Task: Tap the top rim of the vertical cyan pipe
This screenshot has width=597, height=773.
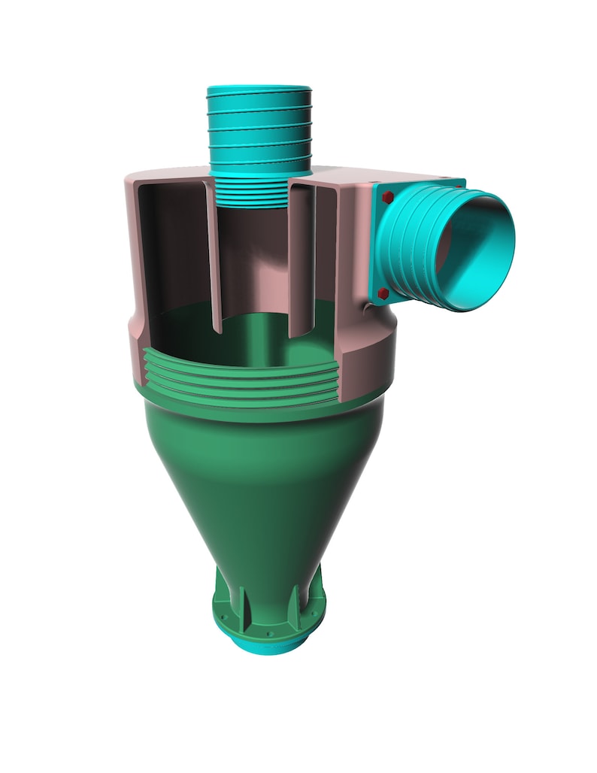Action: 259,89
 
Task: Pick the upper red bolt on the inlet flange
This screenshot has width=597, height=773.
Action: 388,197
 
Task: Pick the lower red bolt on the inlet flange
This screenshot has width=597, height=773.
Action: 383,293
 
